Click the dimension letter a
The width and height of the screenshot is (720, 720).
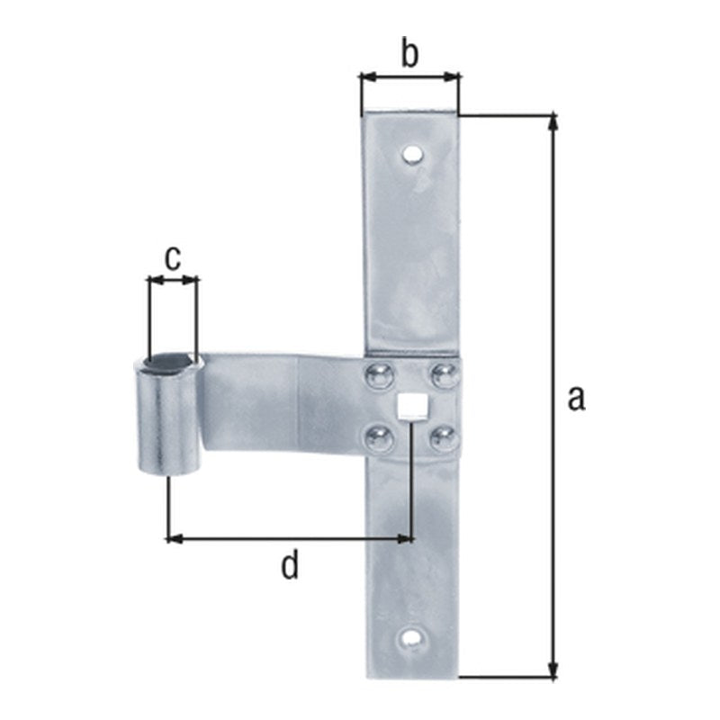coord(576,399)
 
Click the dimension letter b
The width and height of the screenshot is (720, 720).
coord(409,52)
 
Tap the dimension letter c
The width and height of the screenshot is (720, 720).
coord(173,259)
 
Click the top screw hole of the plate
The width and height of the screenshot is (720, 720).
coord(412,155)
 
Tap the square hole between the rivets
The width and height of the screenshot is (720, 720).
coord(411,407)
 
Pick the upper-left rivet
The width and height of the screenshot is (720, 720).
coord(379,375)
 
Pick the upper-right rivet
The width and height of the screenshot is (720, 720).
coord(444,374)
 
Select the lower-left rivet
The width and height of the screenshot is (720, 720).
coord(379,437)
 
